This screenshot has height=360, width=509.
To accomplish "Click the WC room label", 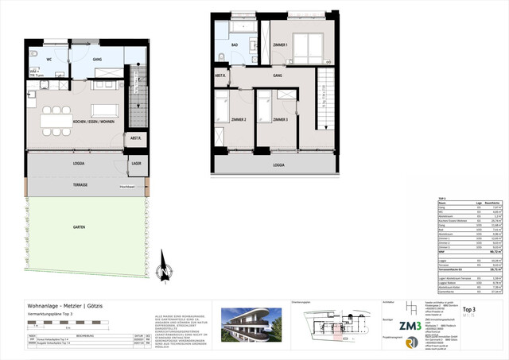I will (x=49, y=60).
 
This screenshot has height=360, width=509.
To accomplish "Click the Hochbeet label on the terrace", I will (x=127, y=188).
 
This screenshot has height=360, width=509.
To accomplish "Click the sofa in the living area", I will (x=105, y=109).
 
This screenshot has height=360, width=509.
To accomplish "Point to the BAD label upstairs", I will (x=235, y=46).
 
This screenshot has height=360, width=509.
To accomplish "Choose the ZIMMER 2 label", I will (x=239, y=118).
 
